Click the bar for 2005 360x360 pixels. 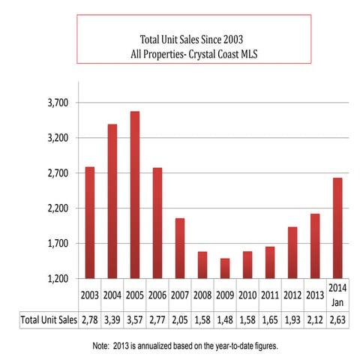pos(134,195)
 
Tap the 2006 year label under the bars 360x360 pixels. pos(157,295)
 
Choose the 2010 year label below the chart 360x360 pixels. pos(247,295)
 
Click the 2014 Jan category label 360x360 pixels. pos(337,295)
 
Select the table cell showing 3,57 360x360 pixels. pos(134,319)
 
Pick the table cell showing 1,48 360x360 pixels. pos(225,319)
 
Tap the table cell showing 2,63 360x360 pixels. pos(337,319)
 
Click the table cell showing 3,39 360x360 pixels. pos(112,319)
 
